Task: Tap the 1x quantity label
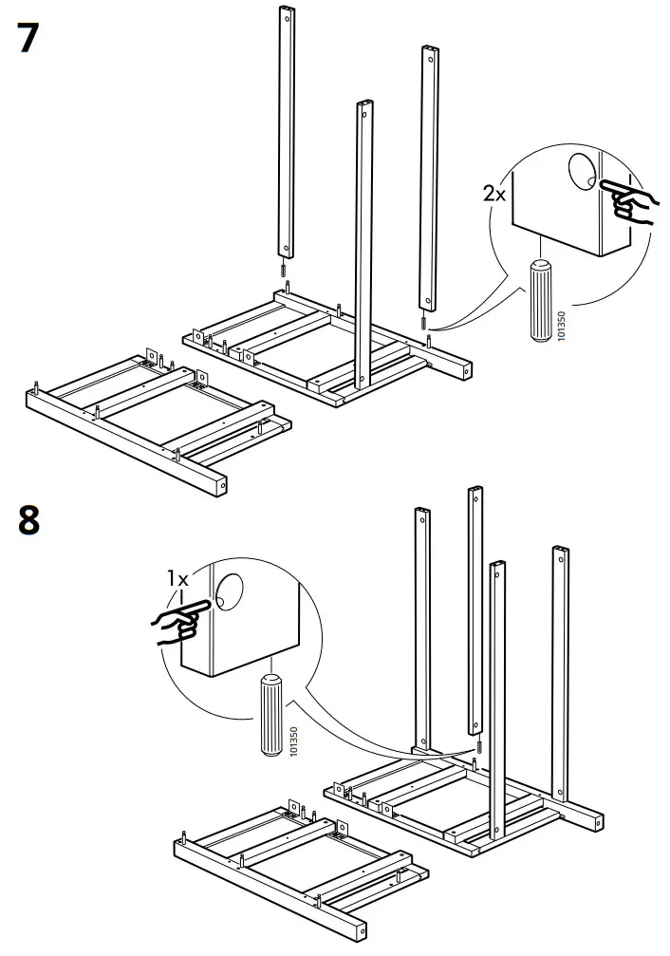pos(177,577)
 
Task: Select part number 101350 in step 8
pos(294,741)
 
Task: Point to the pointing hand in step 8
pos(176,624)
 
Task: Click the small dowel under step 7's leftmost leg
pos(283,270)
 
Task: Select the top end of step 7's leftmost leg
pos(285,15)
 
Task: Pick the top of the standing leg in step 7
pos(363,107)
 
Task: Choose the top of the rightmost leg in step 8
pos(561,553)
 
